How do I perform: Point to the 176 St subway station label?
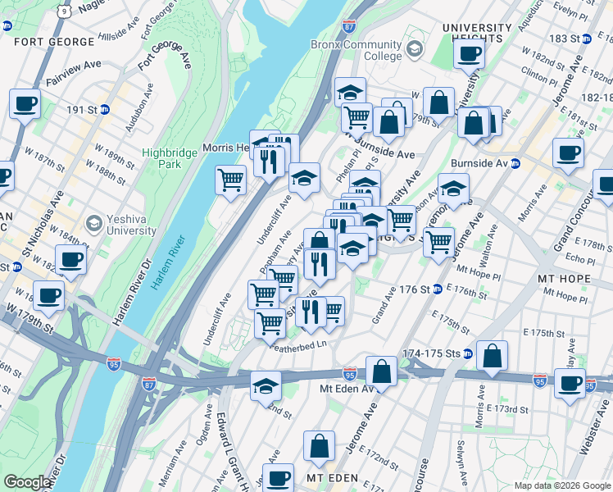point(415,289)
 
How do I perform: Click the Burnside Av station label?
point(480,163)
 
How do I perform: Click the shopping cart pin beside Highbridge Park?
point(231,178)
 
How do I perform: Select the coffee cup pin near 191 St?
point(25,104)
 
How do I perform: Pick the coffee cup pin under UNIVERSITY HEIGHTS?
point(470,54)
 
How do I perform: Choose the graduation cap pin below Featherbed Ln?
point(266,385)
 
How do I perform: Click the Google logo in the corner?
point(27,483)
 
